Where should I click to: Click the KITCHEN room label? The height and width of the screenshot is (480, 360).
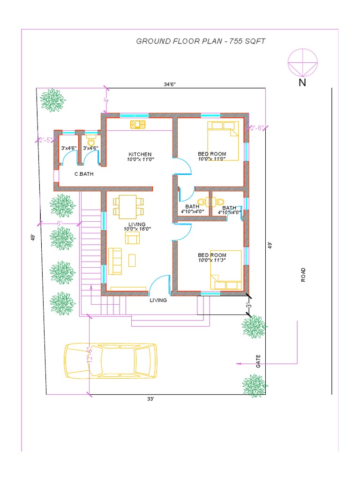pyautogui.click(x=140, y=154)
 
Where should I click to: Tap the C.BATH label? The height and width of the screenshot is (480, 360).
pyautogui.click(x=84, y=174)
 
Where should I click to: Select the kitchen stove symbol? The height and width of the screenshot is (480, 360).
pyautogui.click(x=138, y=124)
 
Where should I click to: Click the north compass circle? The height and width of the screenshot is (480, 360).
pyautogui.click(x=302, y=62)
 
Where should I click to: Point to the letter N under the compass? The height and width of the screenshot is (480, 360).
pyautogui.click(x=302, y=82)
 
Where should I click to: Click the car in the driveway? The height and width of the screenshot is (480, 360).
pyautogui.click(x=111, y=361)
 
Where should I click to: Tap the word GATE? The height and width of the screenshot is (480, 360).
pyautogui.click(x=258, y=361)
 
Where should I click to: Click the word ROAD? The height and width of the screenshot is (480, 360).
pyautogui.click(x=303, y=275)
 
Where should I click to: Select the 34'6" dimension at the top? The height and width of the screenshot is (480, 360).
pyautogui.click(x=170, y=84)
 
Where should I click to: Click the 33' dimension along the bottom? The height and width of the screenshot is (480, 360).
pyautogui.click(x=150, y=399)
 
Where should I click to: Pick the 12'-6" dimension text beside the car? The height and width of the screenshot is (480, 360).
pyautogui.click(x=90, y=355)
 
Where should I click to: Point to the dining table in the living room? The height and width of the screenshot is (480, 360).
pyautogui.click(x=128, y=207)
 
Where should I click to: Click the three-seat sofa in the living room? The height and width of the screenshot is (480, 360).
pyautogui.click(x=115, y=261)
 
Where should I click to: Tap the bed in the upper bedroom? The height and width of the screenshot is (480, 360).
pyautogui.click(x=223, y=141)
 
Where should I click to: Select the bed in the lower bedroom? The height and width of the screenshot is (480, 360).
pyautogui.click(x=226, y=270)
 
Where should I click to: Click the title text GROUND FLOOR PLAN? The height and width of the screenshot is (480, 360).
pyautogui.click(x=179, y=41)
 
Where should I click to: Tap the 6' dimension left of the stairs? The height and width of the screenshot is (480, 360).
pyautogui.click(x=60, y=224)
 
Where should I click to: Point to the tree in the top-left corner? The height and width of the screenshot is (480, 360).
pyautogui.click(x=53, y=100)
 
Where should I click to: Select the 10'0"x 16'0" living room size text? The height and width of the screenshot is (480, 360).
pyautogui.click(x=137, y=229)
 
